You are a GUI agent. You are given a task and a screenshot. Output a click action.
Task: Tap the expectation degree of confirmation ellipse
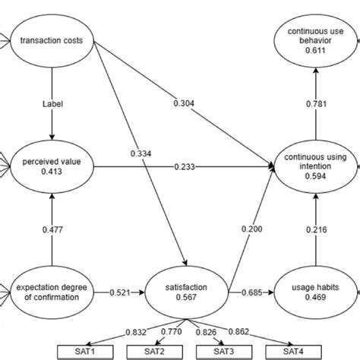click(51, 291)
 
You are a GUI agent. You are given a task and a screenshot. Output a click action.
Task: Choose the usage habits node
click(314, 292)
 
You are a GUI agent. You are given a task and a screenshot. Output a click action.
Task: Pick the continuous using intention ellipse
click(314, 166)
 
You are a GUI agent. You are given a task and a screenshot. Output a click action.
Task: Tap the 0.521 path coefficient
click(121, 292)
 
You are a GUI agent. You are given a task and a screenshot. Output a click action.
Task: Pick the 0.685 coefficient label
click(251, 292)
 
